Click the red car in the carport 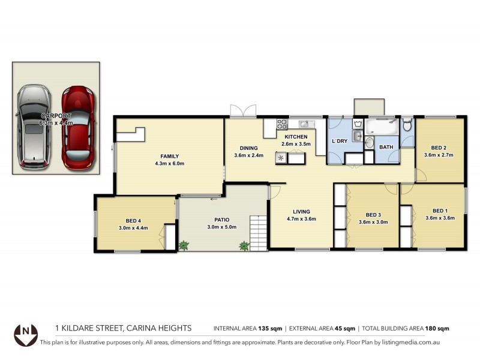tap(79, 127)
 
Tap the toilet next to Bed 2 tap(407, 125)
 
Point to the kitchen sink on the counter tap(304, 124)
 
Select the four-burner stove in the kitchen tap(282, 124)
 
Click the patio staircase tap(259, 233)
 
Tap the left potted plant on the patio tap(184, 245)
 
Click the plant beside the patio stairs tap(244, 245)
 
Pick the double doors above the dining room tap(243, 111)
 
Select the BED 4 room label tap(133, 220)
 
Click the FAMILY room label tap(170, 155)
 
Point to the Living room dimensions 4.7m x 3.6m tap(301, 219)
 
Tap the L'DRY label tap(340, 141)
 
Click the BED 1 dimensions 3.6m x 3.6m tap(440, 218)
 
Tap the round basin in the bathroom tap(369, 143)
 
